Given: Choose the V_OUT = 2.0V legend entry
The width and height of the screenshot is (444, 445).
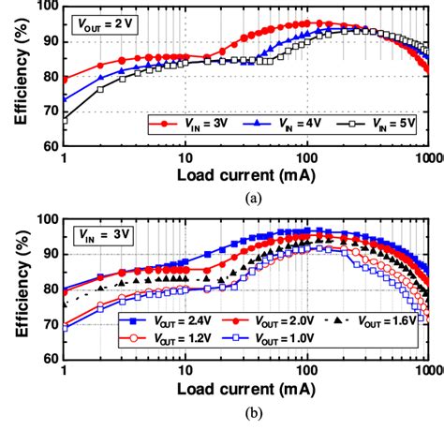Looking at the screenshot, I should click(272, 321).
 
